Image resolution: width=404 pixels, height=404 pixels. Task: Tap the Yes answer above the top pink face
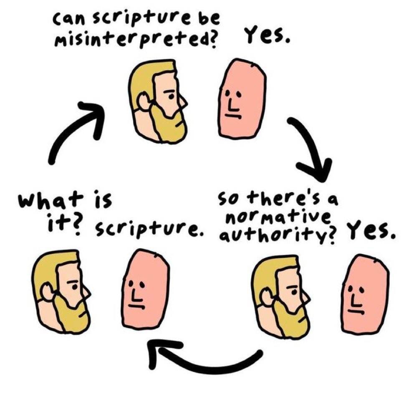click(267, 38)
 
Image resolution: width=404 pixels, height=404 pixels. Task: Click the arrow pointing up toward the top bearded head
click(75, 129)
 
